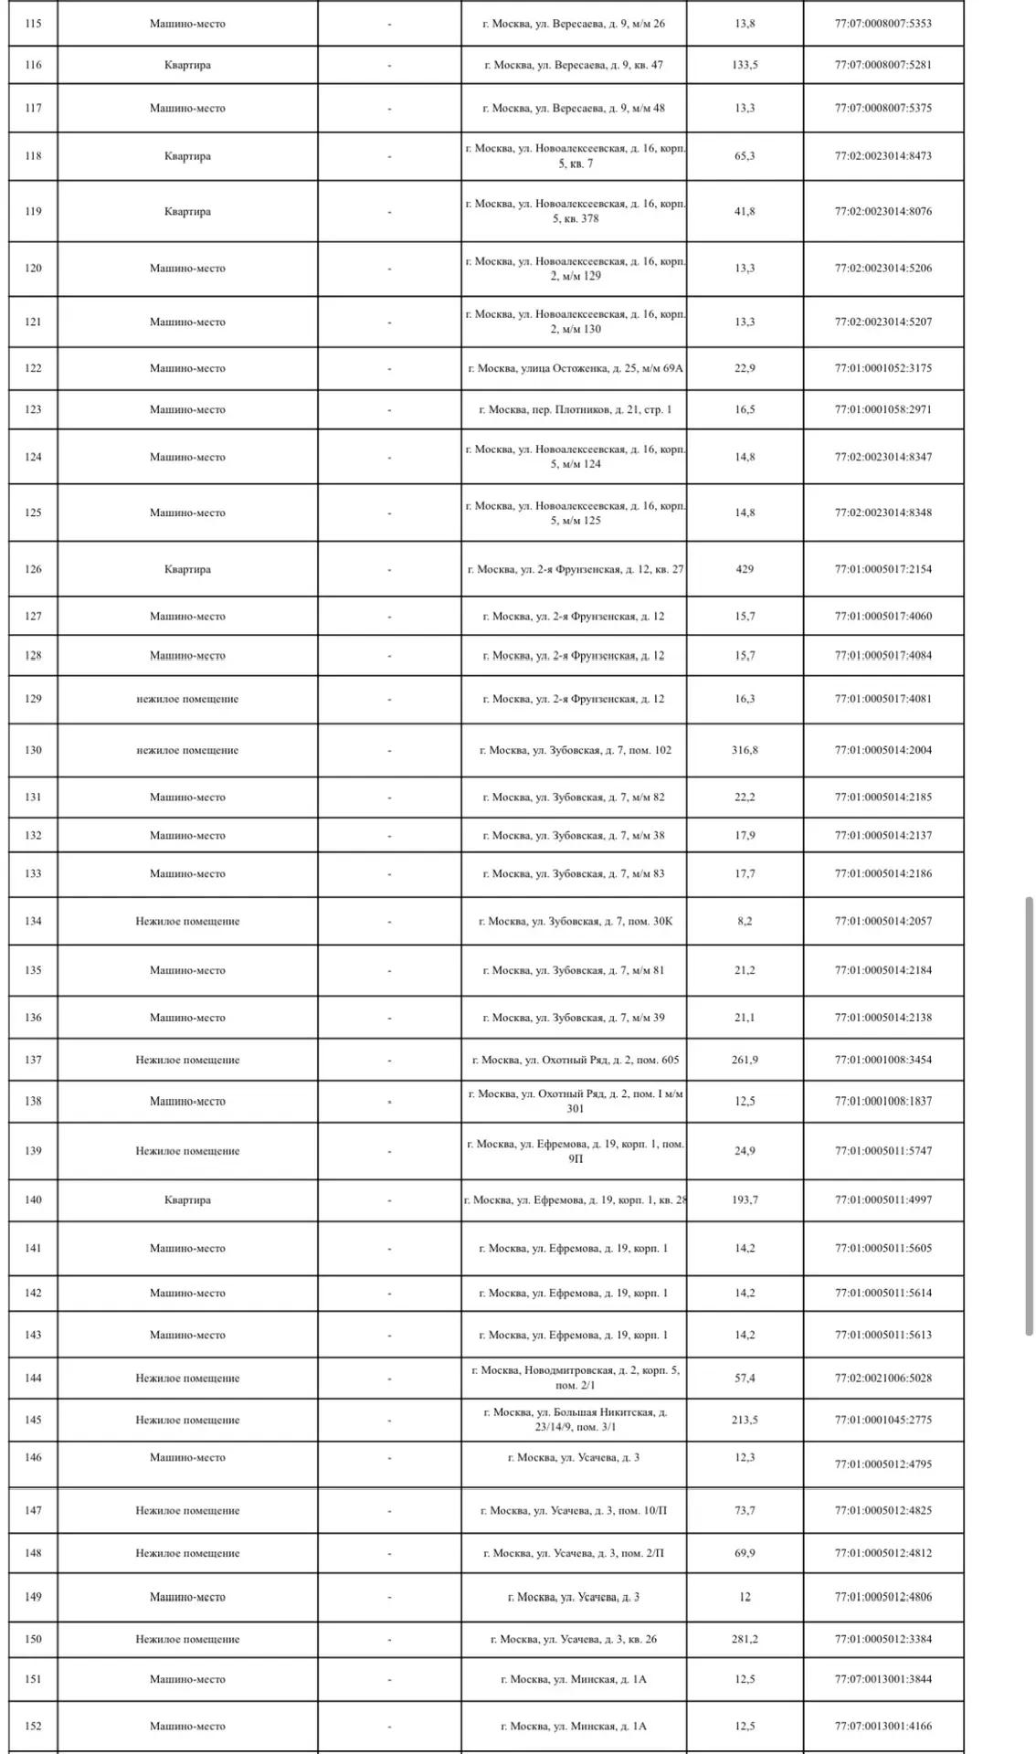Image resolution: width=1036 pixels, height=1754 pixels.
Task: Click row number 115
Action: pyautogui.click(x=33, y=24)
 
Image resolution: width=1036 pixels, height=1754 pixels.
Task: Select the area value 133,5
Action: pyautogui.click(x=745, y=65)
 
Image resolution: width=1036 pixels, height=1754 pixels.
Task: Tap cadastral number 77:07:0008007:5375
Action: pyautogui.click(x=883, y=108)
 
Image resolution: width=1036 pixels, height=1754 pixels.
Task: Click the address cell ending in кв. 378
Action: pyautogui.click(x=574, y=211)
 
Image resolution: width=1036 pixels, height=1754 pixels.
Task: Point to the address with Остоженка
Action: pyautogui.click(x=574, y=368)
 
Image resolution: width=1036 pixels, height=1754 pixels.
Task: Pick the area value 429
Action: pyautogui.click(x=745, y=569)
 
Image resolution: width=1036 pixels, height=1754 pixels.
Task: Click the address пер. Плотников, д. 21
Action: pyautogui.click(x=574, y=409)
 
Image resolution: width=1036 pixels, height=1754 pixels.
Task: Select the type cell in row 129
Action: pyautogui.click(x=187, y=699)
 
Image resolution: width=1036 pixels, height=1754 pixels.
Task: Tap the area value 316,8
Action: pyautogui.click(x=745, y=750)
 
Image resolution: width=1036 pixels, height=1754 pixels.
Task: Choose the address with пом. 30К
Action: pyautogui.click(x=574, y=921)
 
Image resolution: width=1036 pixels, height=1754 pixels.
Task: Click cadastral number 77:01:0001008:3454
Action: pyautogui.click(x=883, y=1060)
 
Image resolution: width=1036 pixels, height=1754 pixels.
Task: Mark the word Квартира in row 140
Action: pyautogui.click(x=187, y=1199)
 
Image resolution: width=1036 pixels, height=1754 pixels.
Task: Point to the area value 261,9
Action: pyautogui.click(x=745, y=1060)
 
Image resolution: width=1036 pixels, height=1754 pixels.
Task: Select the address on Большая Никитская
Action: pyautogui.click(x=574, y=1420)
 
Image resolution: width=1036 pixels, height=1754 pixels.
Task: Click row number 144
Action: pyautogui.click(x=33, y=1378)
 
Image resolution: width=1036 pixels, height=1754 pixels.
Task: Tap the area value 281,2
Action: pyautogui.click(x=745, y=1639)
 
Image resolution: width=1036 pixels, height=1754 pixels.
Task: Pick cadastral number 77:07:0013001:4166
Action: pyautogui.click(x=883, y=1726)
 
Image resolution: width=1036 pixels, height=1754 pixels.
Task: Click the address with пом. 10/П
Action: pyautogui.click(x=574, y=1510)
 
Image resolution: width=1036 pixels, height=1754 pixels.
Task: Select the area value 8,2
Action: pyautogui.click(x=745, y=921)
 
